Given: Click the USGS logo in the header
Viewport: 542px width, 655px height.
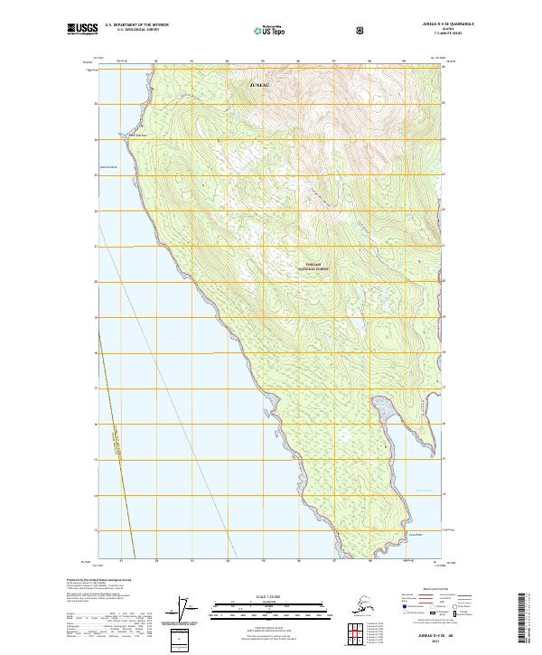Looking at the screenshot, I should (x=82, y=30).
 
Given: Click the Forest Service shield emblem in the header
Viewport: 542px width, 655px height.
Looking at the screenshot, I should (x=361, y=30).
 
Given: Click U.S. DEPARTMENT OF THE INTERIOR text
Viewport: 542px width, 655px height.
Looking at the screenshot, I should (x=136, y=25).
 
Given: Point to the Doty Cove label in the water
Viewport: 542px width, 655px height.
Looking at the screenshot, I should (x=425, y=491).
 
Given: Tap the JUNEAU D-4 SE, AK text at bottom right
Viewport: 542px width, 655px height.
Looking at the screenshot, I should (x=434, y=636).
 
